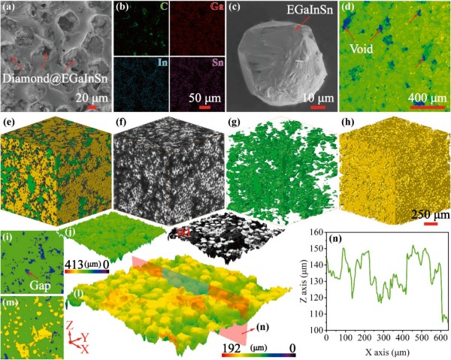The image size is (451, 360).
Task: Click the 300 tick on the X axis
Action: click(x=383, y=337)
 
